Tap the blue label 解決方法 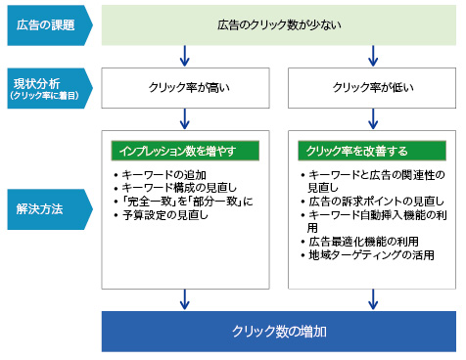click(41, 208)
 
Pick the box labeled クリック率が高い click(185, 87)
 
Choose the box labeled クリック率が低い click(371, 87)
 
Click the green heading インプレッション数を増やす click(185, 151)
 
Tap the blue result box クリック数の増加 click(278, 331)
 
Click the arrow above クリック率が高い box click(185, 56)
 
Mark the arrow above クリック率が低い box click(371, 56)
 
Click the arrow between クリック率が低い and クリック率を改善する click(371, 118)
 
